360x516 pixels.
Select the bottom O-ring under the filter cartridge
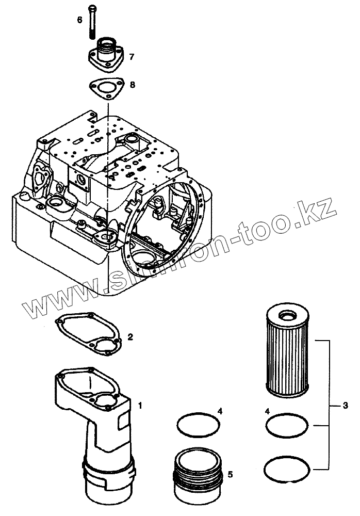tap(287, 469)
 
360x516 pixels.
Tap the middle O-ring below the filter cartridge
tap(287, 427)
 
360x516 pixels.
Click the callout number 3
tap(345, 406)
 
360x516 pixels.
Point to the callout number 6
tap(80, 20)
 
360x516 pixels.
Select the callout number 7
tap(132, 57)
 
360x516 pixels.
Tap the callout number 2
tap(130, 337)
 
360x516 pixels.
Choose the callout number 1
tap(140, 406)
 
